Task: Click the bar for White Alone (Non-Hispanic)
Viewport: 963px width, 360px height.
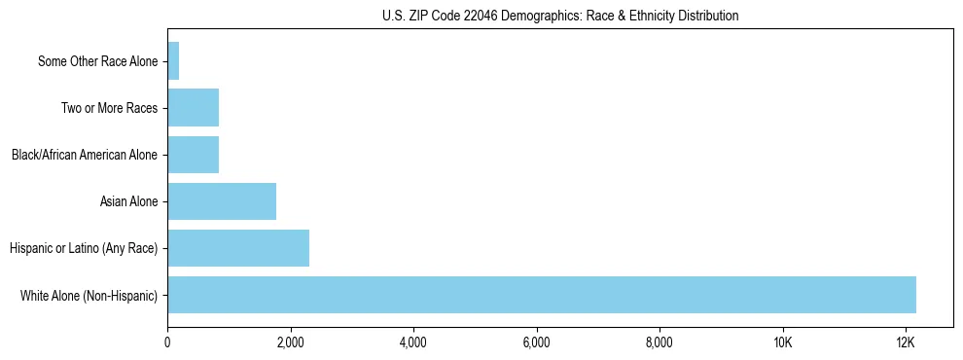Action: click(542, 295)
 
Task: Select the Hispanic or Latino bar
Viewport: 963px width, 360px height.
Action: click(238, 248)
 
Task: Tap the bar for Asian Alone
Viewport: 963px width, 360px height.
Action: click(222, 201)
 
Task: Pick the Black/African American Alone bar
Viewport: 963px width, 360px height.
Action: click(194, 155)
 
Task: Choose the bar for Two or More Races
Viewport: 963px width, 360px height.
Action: click(194, 108)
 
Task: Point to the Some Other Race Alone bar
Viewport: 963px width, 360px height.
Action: click(173, 61)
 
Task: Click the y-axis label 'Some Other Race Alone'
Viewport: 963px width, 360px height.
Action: click(97, 61)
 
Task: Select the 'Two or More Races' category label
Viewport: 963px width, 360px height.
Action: click(109, 108)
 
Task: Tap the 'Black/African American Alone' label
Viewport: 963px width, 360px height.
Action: click(84, 155)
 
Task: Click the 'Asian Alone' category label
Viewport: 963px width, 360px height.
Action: click(128, 201)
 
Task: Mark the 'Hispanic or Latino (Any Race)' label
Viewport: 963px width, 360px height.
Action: click(83, 248)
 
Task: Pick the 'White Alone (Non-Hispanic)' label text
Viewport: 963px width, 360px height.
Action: click(89, 295)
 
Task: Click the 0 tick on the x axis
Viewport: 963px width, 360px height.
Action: click(167, 342)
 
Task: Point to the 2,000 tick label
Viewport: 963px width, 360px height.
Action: click(290, 342)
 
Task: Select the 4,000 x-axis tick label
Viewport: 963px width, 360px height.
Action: click(413, 342)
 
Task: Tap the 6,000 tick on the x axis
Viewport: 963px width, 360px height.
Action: click(536, 342)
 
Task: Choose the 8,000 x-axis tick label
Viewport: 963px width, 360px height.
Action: click(660, 342)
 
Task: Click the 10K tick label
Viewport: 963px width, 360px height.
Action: click(782, 342)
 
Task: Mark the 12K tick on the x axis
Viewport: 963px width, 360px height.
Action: click(906, 342)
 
